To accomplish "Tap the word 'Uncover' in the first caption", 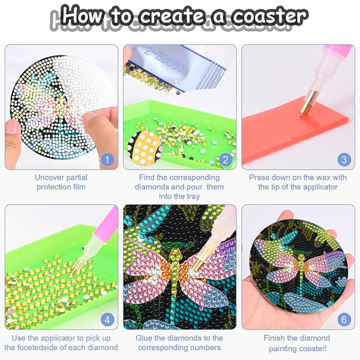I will tap(50, 178).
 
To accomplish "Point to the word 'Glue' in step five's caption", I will tap(148, 338).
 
